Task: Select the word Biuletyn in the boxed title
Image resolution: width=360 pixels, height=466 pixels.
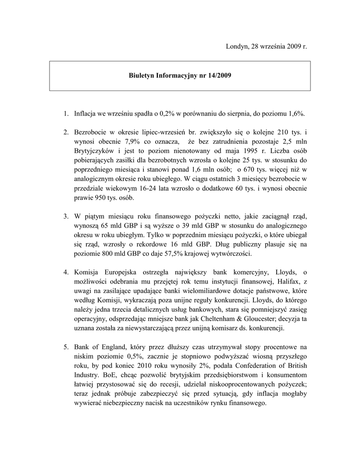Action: point(141,76)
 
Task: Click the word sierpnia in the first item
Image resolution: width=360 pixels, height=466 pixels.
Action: point(247,113)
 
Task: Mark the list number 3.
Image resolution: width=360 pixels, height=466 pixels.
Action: point(66,217)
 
